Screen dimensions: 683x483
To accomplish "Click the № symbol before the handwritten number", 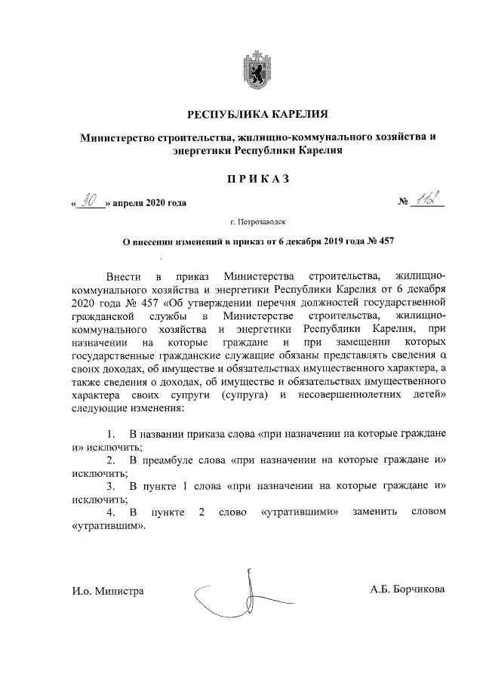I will tap(403, 202).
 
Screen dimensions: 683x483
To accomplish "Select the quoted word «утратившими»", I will tap(297, 512).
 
